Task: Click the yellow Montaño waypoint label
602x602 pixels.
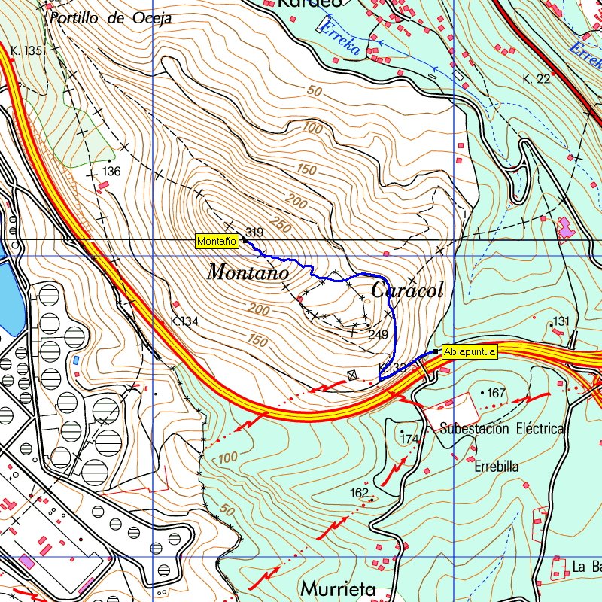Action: click(x=217, y=242)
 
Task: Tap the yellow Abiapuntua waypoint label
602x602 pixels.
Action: click(x=469, y=351)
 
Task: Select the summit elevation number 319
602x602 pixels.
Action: click(x=254, y=233)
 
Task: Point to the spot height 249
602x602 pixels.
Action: click(x=378, y=333)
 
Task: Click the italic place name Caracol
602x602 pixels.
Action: click(x=407, y=290)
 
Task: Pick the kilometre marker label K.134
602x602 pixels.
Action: click(x=184, y=321)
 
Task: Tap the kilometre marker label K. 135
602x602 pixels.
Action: click(x=27, y=50)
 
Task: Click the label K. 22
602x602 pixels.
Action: click(x=537, y=79)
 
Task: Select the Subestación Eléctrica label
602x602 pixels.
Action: click(x=502, y=429)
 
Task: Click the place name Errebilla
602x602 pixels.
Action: click(x=497, y=467)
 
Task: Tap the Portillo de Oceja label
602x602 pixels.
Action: click(x=110, y=18)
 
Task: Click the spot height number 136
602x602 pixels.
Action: click(x=111, y=172)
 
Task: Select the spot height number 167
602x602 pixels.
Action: click(x=496, y=394)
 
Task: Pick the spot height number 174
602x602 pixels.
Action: click(x=409, y=439)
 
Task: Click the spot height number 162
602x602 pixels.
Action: click(x=360, y=493)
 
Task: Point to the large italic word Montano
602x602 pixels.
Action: click(x=248, y=272)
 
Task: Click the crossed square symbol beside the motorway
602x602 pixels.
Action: click(x=351, y=375)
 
